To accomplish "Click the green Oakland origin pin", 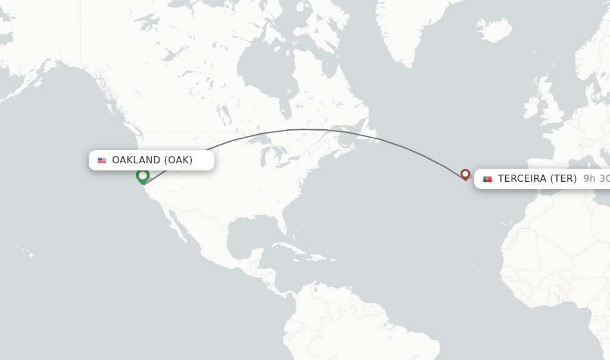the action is [x=142, y=176].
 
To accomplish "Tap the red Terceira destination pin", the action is [x=465, y=174].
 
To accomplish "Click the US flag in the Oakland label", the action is [x=102, y=160].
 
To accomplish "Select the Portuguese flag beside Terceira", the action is [x=487, y=179].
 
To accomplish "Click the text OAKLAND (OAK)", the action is [x=152, y=160].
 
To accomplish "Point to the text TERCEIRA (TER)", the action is [x=537, y=179].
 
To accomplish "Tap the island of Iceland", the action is [x=494, y=30].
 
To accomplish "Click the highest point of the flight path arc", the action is [x=303, y=129].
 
